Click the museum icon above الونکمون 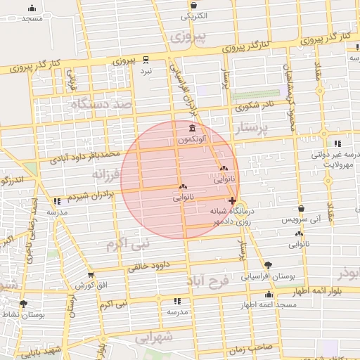pos(193,128)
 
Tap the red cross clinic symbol pos(233,200)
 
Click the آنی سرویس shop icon pos(301,208)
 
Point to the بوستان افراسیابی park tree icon pos(269,264)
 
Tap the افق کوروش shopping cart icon pos(91,275)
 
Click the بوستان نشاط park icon pos(24,304)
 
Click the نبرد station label pos(146,71)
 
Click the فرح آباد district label pos(208,281)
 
